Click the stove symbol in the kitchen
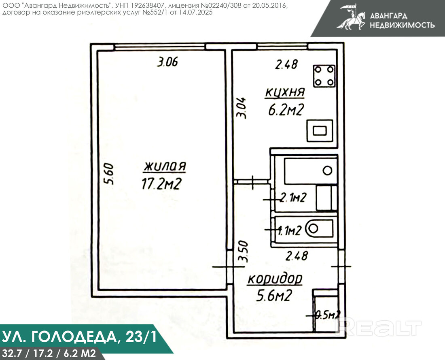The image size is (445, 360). click(x=324, y=76)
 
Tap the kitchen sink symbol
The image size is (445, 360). click(x=320, y=131)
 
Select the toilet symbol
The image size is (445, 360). click(x=319, y=228)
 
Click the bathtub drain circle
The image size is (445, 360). click(x=328, y=170)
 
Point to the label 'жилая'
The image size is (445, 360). click(x=165, y=166)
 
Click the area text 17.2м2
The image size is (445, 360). click(x=161, y=184)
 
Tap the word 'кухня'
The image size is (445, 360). click(x=285, y=93)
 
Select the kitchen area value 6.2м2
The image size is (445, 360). click(x=286, y=110)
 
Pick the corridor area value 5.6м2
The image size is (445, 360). click(x=274, y=296)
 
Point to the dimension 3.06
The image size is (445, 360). click(x=167, y=62)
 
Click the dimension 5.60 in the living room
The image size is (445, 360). click(x=109, y=174)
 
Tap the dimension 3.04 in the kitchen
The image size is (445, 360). click(x=242, y=108)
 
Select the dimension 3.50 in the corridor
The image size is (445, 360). click(x=243, y=251)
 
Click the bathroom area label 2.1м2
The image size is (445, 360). click(x=293, y=197)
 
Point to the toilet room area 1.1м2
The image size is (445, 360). click(x=289, y=231)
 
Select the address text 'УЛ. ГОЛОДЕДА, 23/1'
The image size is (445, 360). click(x=79, y=337)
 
